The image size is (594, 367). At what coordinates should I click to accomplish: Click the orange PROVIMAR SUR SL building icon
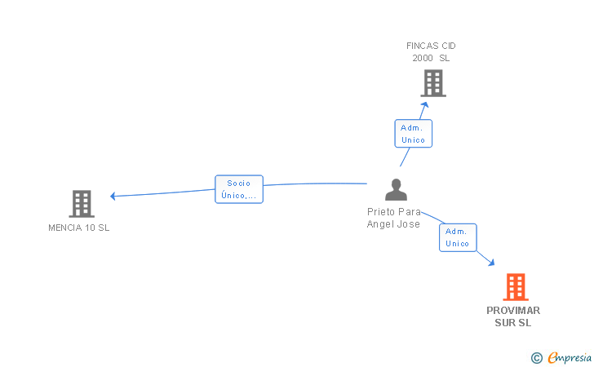point(516,287)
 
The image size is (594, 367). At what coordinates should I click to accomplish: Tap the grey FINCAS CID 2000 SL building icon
point(433,83)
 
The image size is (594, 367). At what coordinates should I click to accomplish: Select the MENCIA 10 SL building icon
point(82,203)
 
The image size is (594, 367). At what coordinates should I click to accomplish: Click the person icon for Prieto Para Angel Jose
point(396,189)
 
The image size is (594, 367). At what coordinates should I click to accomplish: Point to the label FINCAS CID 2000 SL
point(431,52)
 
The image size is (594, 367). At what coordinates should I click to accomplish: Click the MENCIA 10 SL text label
point(79,228)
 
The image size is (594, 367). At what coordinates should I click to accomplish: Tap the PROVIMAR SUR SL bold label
point(513,316)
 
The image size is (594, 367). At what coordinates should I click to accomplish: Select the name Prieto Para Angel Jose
point(394,218)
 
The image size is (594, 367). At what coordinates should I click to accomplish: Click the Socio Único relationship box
point(239,189)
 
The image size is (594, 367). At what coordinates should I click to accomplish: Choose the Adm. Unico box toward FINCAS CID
point(414,133)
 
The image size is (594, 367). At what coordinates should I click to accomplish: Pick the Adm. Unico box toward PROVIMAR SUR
point(458,237)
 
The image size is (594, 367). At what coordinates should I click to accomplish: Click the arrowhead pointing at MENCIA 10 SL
point(113,196)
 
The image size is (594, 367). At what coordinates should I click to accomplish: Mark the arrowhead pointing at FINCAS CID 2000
point(424,105)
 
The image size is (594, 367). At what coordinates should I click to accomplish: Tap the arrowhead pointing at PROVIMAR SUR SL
point(491,262)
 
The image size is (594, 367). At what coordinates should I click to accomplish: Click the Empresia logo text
point(570,357)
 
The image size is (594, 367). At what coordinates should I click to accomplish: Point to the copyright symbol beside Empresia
point(537,358)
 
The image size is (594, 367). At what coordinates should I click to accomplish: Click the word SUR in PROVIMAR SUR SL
point(505,323)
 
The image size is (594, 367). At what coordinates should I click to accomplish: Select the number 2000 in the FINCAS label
point(423,58)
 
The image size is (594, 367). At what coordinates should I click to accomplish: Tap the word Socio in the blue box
point(238,183)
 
